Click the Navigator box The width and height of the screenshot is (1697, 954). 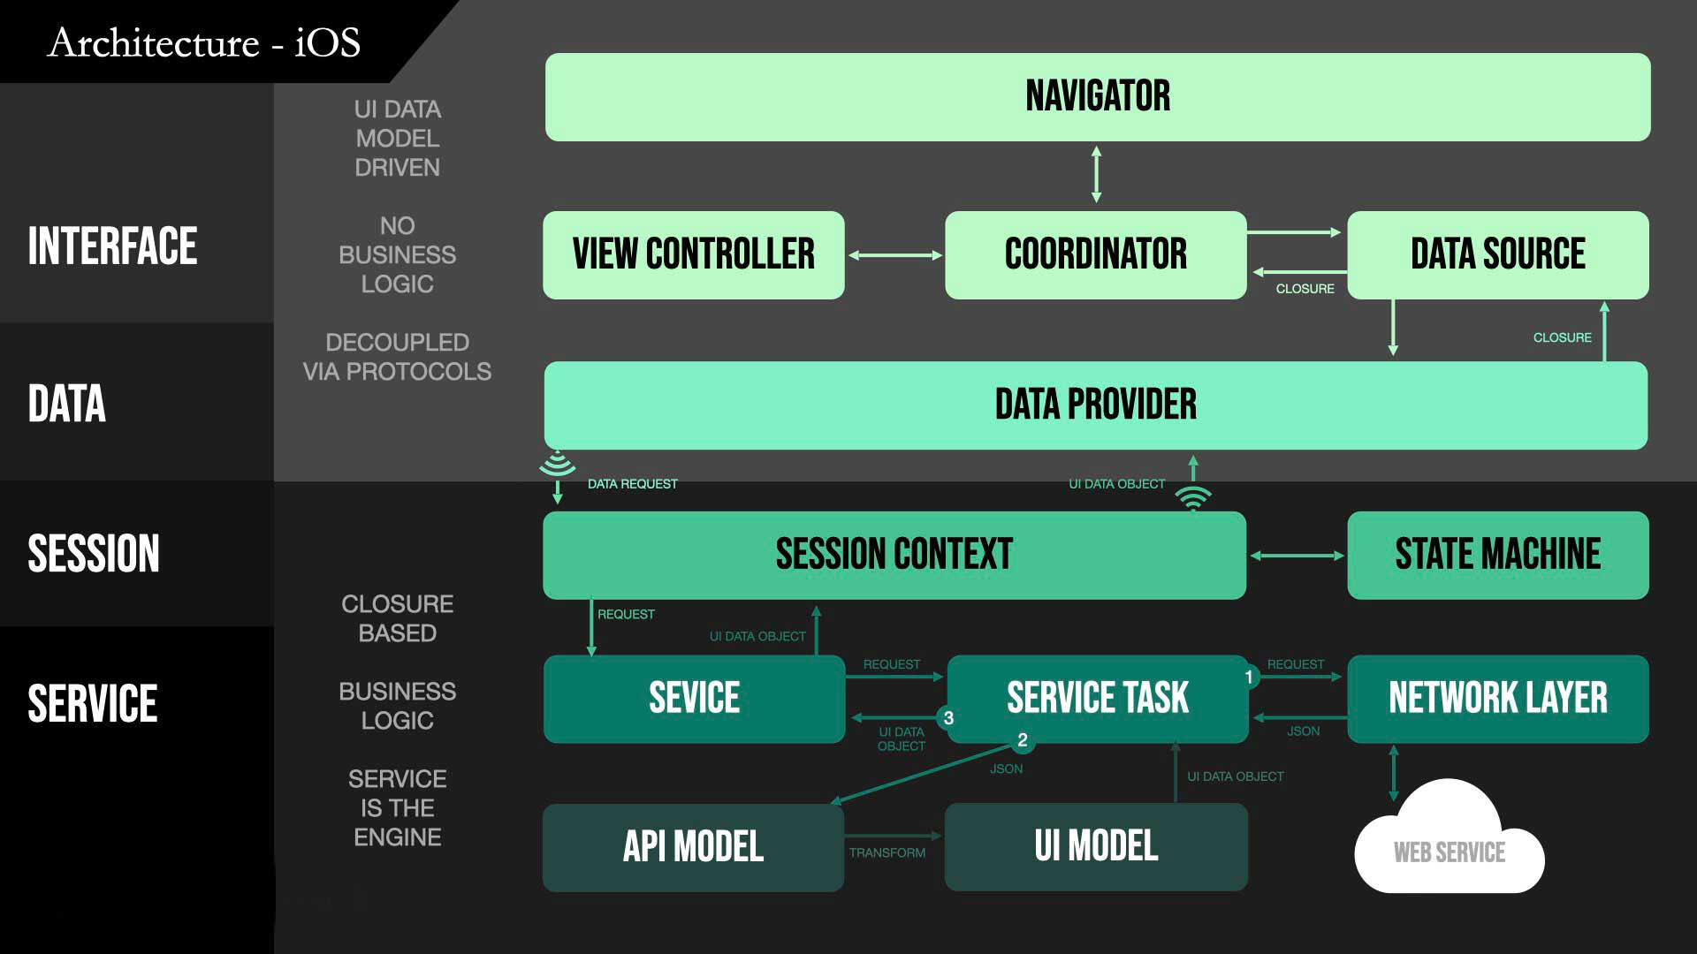(1098, 97)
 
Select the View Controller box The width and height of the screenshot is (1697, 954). (694, 254)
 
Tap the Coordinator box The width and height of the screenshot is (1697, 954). (1096, 254)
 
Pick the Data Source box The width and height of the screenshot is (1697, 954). (1498, 254)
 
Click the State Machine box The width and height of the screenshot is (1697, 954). (1498, 555)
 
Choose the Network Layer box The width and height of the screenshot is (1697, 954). (1498, 698)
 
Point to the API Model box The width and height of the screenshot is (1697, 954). (694, 846)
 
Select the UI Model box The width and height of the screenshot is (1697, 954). (1096, 846)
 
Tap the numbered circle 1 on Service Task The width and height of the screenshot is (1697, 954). (1249, 678)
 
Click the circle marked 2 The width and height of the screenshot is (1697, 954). (1023, 740)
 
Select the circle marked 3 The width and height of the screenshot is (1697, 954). (948, 718)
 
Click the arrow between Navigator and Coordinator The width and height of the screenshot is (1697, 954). (1096, 175)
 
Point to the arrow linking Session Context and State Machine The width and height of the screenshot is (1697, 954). (1297, 556)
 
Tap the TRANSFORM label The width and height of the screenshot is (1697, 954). (887, 852)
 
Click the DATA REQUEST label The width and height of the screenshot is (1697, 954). (633, 484)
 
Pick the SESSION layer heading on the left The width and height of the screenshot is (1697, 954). (94, 554)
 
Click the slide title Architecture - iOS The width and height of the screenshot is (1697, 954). (204, 42)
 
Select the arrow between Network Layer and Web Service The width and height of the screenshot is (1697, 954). (1394, 773)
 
